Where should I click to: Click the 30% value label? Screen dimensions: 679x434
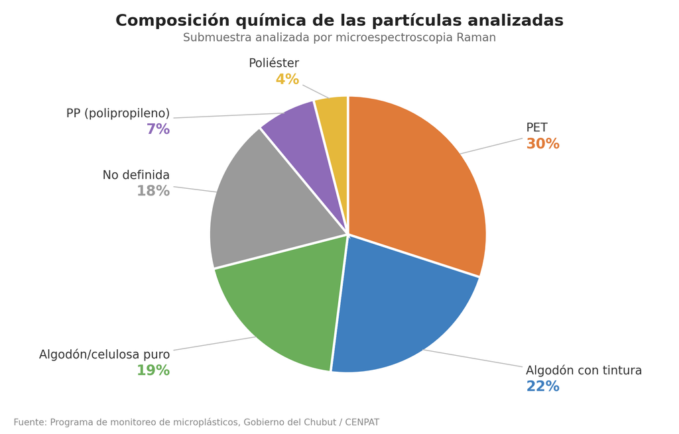[542, 144]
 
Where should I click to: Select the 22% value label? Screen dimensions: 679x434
[542, 386]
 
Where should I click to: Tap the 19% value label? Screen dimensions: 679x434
[153, 370]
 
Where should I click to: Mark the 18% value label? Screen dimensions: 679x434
[153, 191]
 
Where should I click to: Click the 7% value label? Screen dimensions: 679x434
[158, 129]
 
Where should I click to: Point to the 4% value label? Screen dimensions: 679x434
[288, 80]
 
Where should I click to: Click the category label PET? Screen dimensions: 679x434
[537, 128]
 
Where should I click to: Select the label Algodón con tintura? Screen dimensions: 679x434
[584, 370]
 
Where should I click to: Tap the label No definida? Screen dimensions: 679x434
[136, 175]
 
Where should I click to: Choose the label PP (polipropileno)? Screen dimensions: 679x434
[118, 113]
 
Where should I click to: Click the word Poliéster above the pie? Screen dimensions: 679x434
[274, 63]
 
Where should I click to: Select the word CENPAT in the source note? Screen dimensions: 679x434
[362, 422]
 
